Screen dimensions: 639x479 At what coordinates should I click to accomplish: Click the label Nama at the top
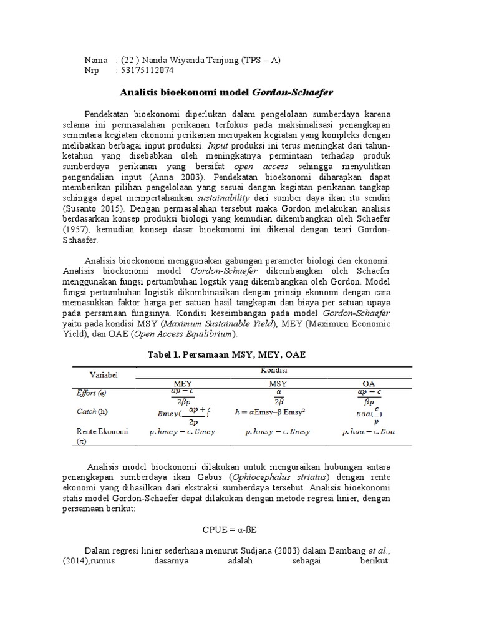(97, 60)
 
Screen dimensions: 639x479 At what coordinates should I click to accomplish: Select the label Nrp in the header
(92, 71)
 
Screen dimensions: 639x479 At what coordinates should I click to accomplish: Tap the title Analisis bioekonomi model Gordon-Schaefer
(226, 92)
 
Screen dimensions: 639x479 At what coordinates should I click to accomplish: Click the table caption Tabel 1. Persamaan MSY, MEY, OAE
(227, 354)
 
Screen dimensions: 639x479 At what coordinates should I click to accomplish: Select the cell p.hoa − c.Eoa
(369, 431)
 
